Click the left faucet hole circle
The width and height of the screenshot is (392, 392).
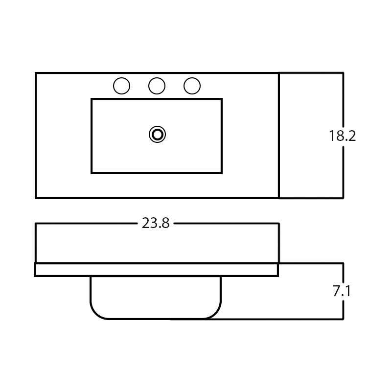[121, 86]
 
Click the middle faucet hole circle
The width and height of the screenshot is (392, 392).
[157, 86]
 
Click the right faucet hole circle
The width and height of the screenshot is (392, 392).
[192, 86]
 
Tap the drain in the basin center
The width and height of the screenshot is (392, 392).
[157, 134]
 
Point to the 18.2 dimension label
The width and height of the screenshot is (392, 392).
[342, 136]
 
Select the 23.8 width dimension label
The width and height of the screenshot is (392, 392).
[156, 224]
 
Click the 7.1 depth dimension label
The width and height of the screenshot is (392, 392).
[342, 291]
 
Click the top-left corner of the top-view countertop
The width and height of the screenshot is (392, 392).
[36, 73]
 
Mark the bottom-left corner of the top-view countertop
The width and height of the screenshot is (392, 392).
[36, 198]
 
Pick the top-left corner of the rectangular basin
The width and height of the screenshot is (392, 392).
[92, 99]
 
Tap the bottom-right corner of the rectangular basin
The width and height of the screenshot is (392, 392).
[222, 173]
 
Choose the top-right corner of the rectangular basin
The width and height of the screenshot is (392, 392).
[222, 99]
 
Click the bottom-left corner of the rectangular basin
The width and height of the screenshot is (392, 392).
[92, 173]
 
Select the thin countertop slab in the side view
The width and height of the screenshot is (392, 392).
[157, 270]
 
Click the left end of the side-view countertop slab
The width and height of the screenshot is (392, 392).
[35, 270]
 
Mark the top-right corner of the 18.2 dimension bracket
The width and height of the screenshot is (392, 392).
[343, 73]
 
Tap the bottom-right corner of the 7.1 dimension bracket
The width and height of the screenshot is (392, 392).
[343, 319]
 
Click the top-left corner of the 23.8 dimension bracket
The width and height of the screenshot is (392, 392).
[36, 224]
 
